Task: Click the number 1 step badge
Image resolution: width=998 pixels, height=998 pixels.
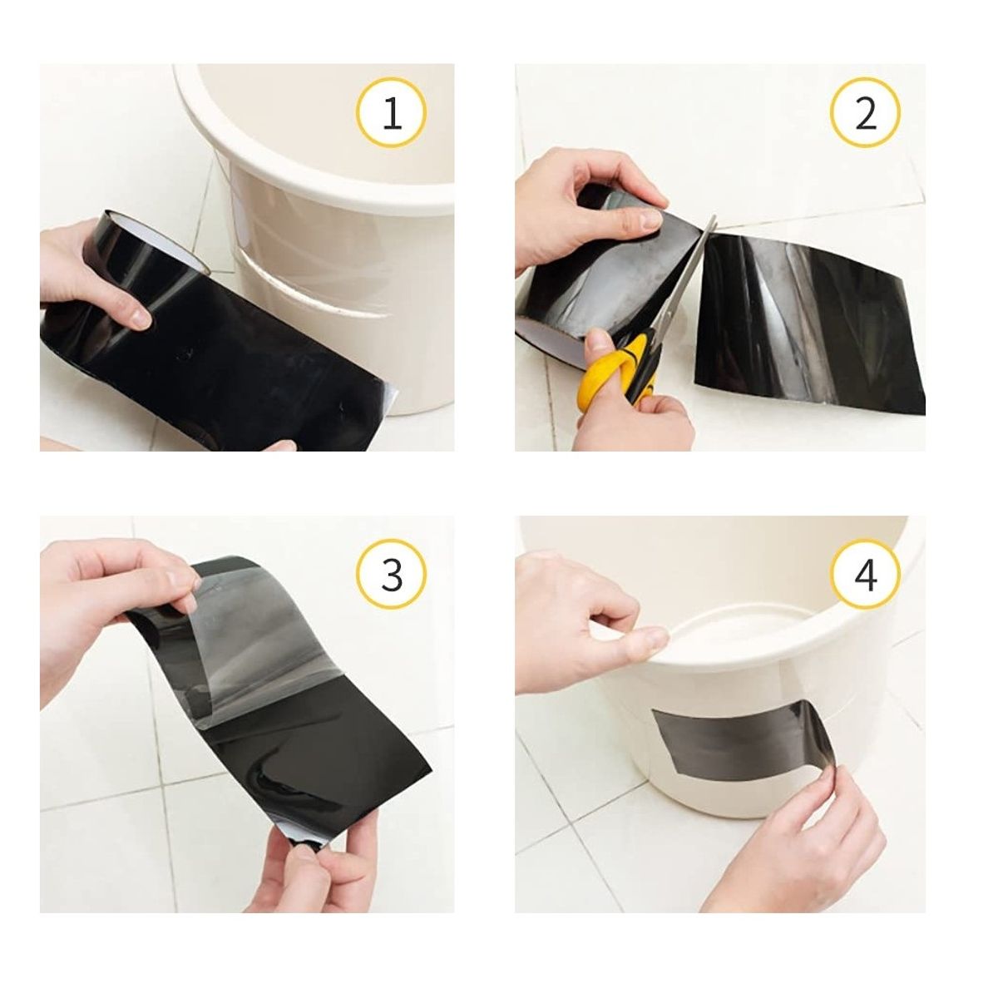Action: (392, 112)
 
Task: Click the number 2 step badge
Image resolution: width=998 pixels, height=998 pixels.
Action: (866, 112)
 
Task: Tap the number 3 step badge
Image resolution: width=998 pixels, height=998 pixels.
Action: (392, 575)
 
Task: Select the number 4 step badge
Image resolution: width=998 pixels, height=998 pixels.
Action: (866, 575)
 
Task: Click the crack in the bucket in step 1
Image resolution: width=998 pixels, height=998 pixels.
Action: (311, 290)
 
